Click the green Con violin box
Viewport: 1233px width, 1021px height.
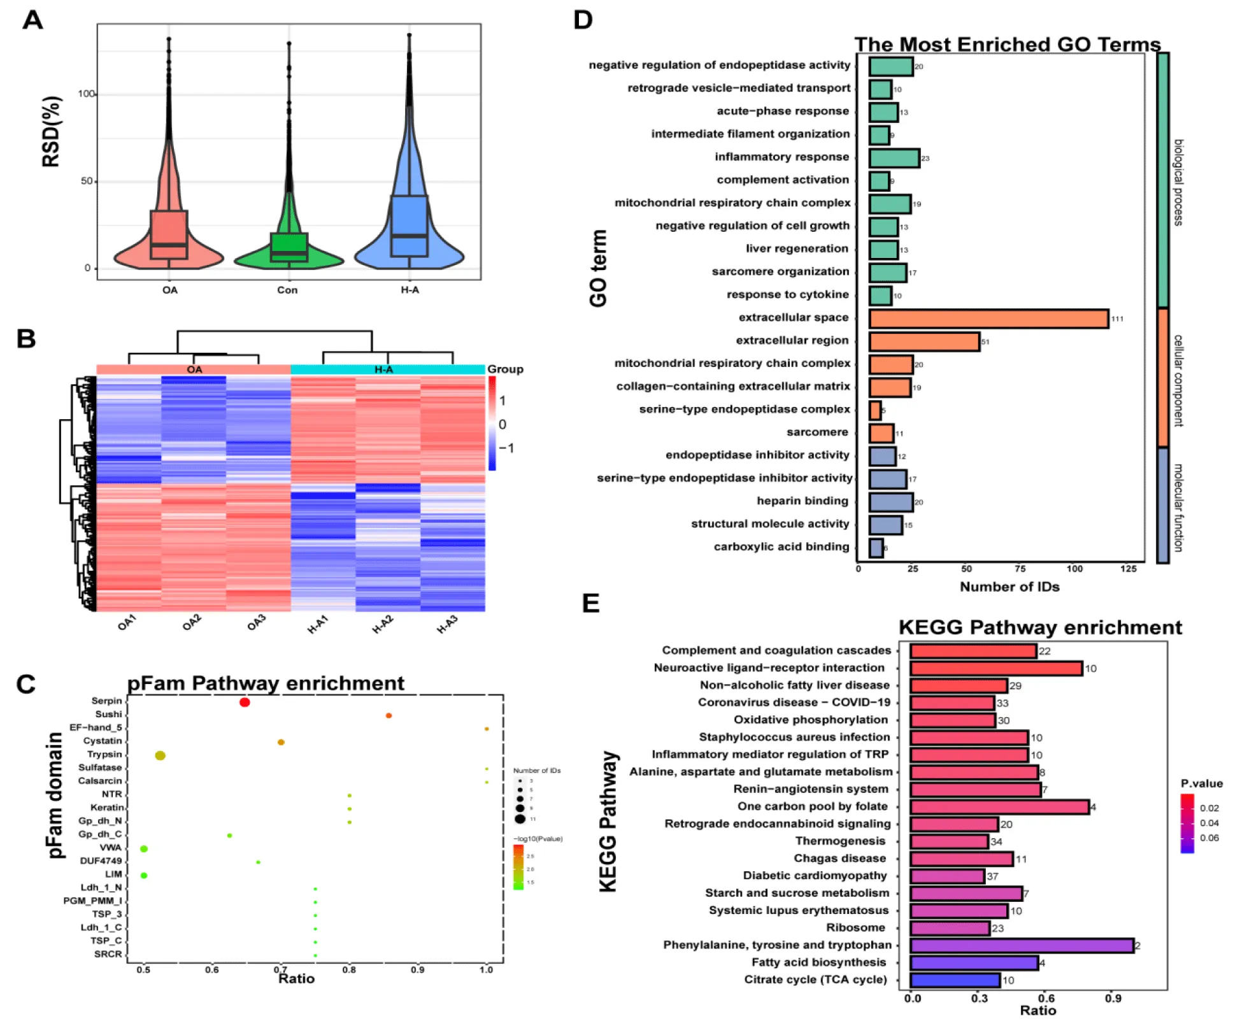[x=289, y=246]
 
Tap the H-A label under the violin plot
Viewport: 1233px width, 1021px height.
[x=410, y=290]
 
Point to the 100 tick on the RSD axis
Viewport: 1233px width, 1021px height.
[x=86, y=94]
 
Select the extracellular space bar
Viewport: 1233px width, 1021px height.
[x=988, y=318]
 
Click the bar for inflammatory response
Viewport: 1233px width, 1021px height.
[x=894, y=158]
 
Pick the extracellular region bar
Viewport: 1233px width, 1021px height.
[x=924, y=341]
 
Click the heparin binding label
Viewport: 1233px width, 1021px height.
[x=802, y=501]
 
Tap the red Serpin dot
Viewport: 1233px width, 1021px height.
[x=245, y=703]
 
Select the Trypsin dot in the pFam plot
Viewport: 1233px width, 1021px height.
[x=160, y=755]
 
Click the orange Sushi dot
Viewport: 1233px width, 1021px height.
[x=388, y=716]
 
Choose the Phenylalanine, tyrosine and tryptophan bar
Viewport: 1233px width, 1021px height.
[x=1022, y=946]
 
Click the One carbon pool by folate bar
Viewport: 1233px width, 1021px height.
[x=999, y=807]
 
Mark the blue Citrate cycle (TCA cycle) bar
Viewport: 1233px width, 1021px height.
[x=955, y=980]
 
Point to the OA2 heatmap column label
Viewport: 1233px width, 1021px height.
[x=192, y=623]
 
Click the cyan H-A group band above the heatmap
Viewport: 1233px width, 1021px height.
[x=387, y=370]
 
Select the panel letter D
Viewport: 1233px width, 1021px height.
[x=583, y=20]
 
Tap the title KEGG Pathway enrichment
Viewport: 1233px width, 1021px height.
[x=1039, y=628]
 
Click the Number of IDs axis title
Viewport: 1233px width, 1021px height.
[x=1009, y=587]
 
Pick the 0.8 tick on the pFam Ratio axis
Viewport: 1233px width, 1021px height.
[x=349, y=970]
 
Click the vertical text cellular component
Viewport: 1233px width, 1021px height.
[x=1178, y=380]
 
